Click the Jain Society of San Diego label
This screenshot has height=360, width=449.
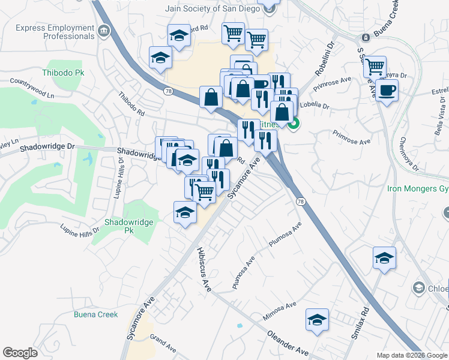coord(212,8)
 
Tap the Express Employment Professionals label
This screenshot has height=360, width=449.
coord(55,32)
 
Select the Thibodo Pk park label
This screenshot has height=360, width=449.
coord(64,73)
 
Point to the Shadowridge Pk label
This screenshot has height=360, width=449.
coord(128,226)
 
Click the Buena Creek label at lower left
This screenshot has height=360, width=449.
coord(95,314)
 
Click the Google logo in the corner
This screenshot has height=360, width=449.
coord(20,353)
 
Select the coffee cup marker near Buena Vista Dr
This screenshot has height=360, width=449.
coord(387,91)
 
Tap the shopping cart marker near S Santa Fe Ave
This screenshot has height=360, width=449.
coord(375,67)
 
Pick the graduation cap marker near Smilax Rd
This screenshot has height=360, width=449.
coord(384,258)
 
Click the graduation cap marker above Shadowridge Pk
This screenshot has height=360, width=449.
coord(185,212)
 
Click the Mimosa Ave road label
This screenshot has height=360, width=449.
coord(280,311)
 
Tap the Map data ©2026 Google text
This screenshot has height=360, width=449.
coord(412,355)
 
